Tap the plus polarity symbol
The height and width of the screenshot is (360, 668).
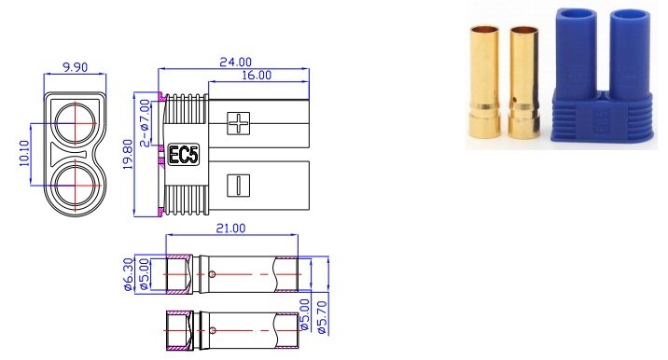pyautogui.click(x=240, y=120)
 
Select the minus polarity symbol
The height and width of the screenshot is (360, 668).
pyautogui.click(x=239, y=184)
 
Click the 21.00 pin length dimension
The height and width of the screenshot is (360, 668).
pyautogui.click(x=230, y=228)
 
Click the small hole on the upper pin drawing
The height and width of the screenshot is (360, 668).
pyautogui.click(x=214, y=273)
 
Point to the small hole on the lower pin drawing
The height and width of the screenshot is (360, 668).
pyautogui.click(x=214, y=328)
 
